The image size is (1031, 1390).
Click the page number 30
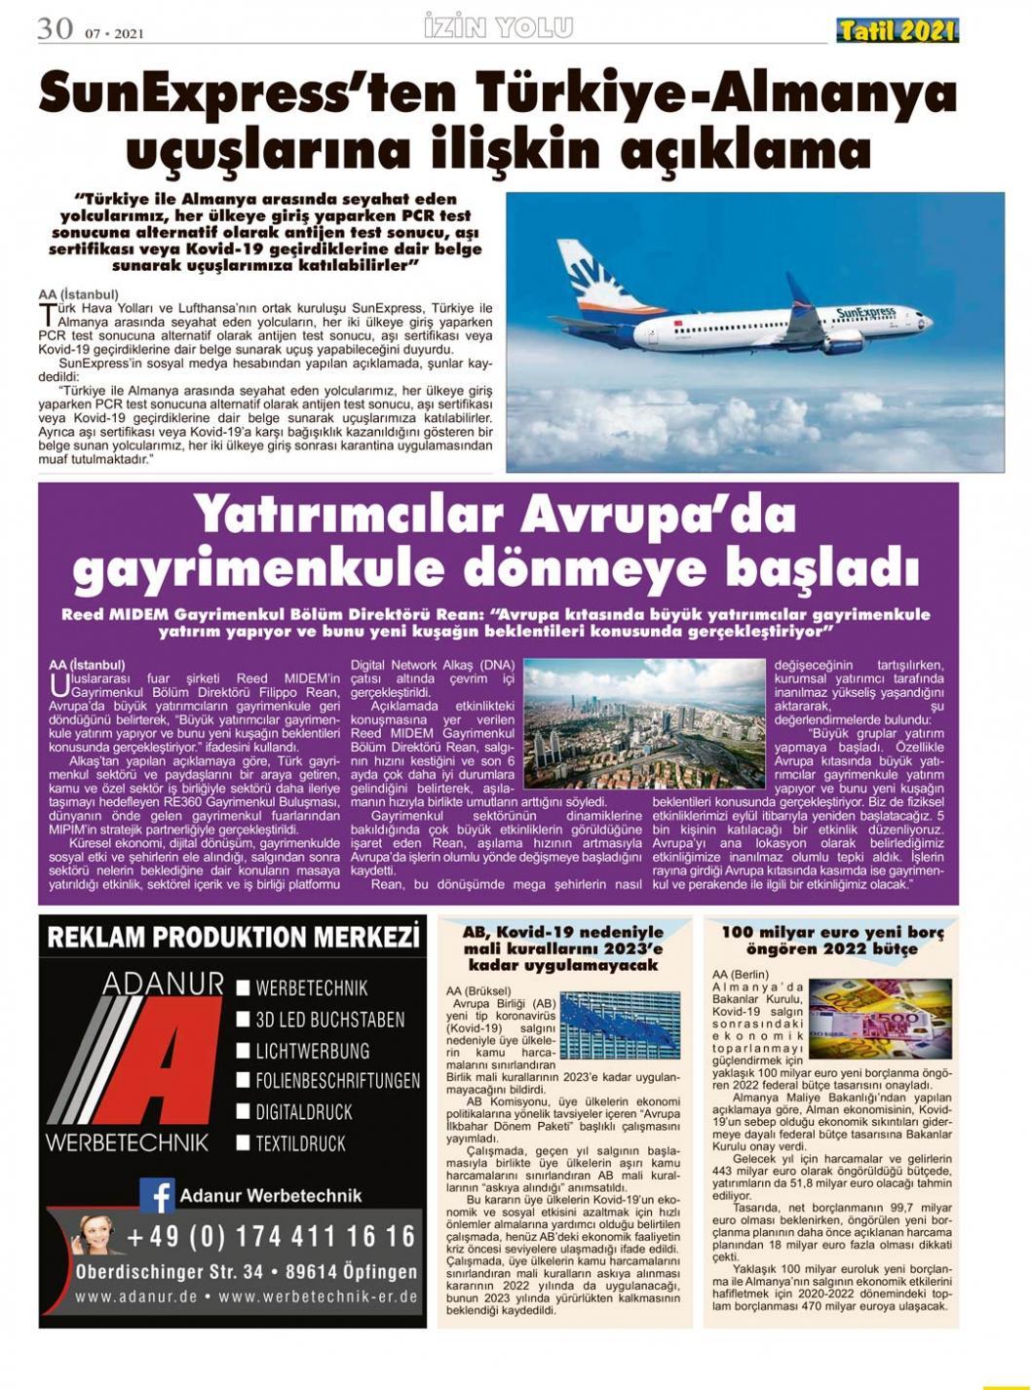(x=55, y=28)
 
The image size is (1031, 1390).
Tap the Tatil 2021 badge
(x=897, y=31)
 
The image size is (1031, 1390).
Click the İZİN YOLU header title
(x=498, y=27)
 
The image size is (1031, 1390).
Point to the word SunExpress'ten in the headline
(x=248, y=95)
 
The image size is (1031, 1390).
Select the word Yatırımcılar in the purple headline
(x=348, y=516)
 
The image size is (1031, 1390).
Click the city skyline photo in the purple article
(x=644, y=723)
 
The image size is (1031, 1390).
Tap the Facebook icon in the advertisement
(x=157, y=1195)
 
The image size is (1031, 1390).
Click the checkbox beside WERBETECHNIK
(x=244, y=988)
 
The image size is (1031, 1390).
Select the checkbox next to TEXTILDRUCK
(x=244, y=1142)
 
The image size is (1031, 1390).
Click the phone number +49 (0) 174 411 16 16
(x=270, y=1237)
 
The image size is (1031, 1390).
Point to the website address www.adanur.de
(x=135, y=1297)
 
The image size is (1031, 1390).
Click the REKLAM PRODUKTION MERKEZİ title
(x=233, y=938)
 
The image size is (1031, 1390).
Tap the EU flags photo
(x=620, y=1024)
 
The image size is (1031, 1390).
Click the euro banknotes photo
(x=880, y=1019)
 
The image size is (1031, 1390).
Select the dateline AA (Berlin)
(x=740, y=974)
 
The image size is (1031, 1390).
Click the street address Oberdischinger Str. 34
(x=170, y=1272)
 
